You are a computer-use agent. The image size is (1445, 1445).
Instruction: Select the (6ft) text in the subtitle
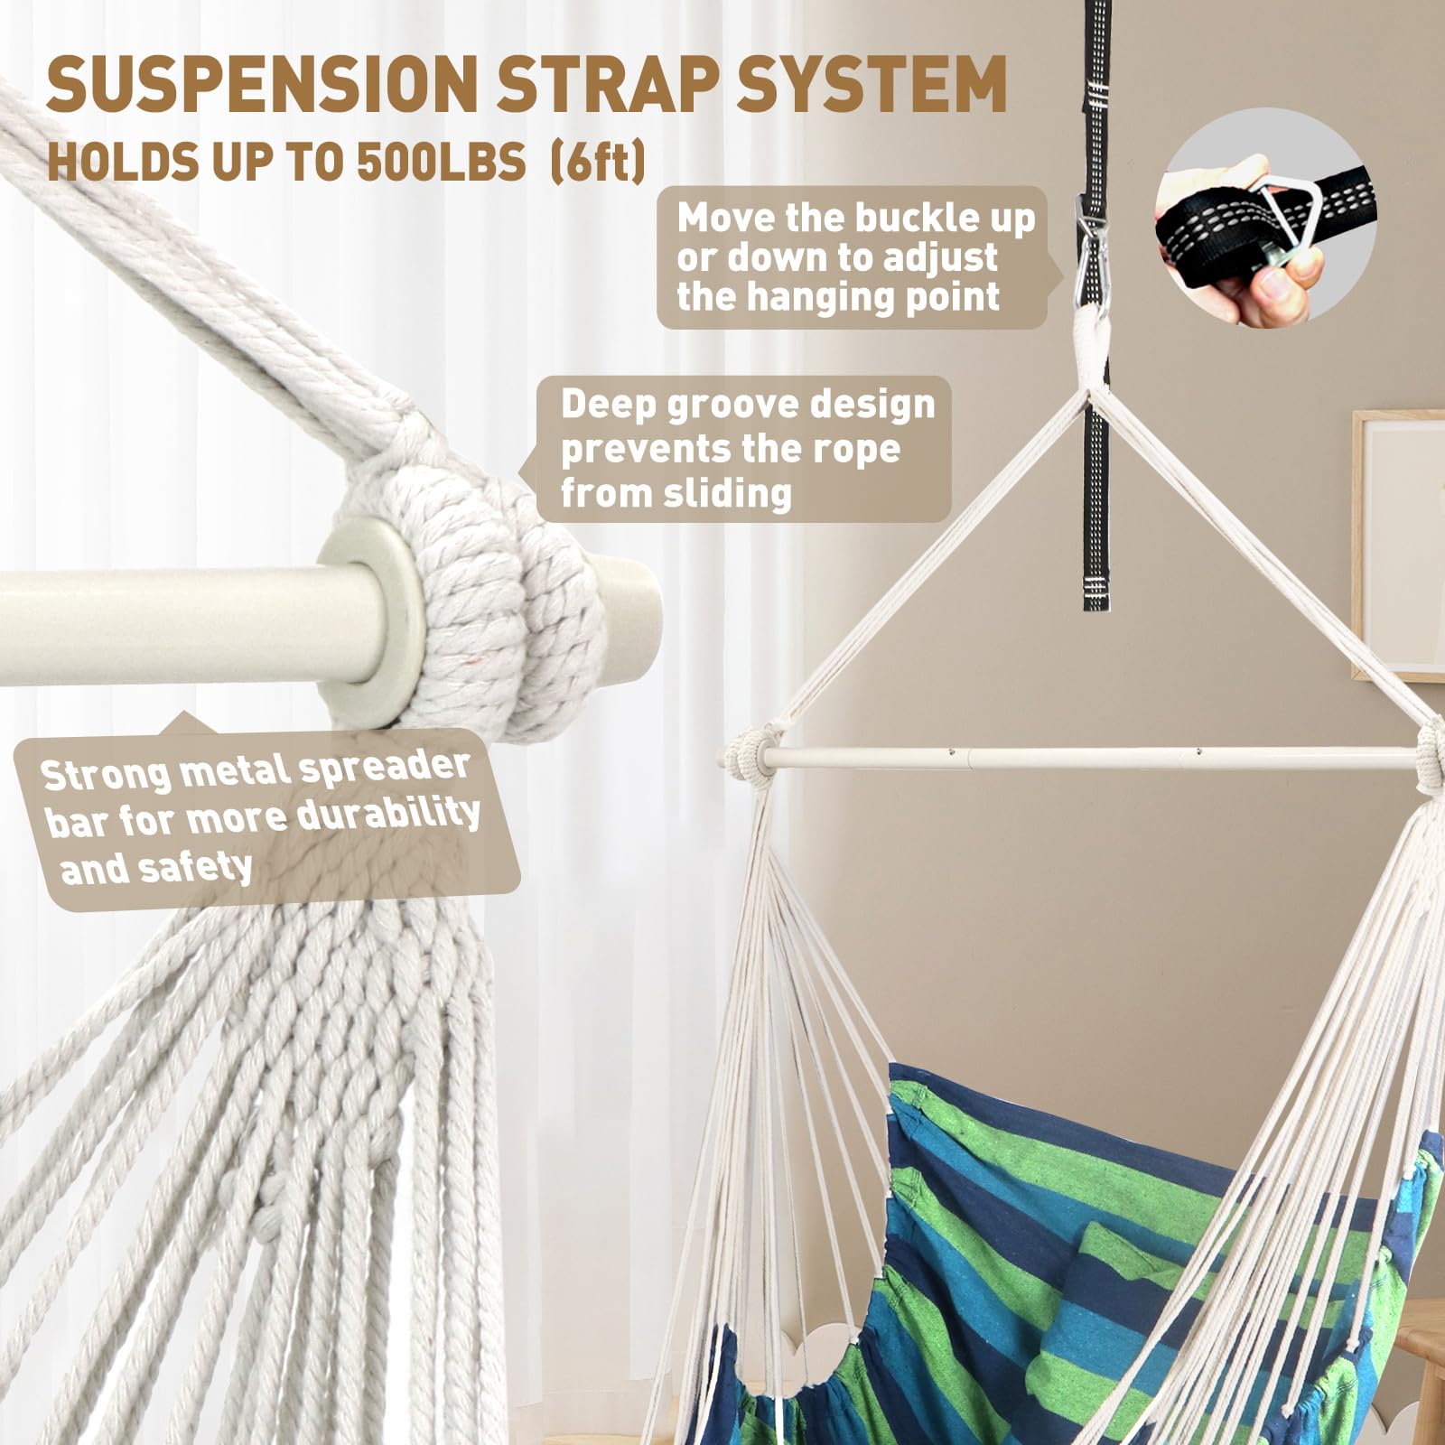[598, 163]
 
